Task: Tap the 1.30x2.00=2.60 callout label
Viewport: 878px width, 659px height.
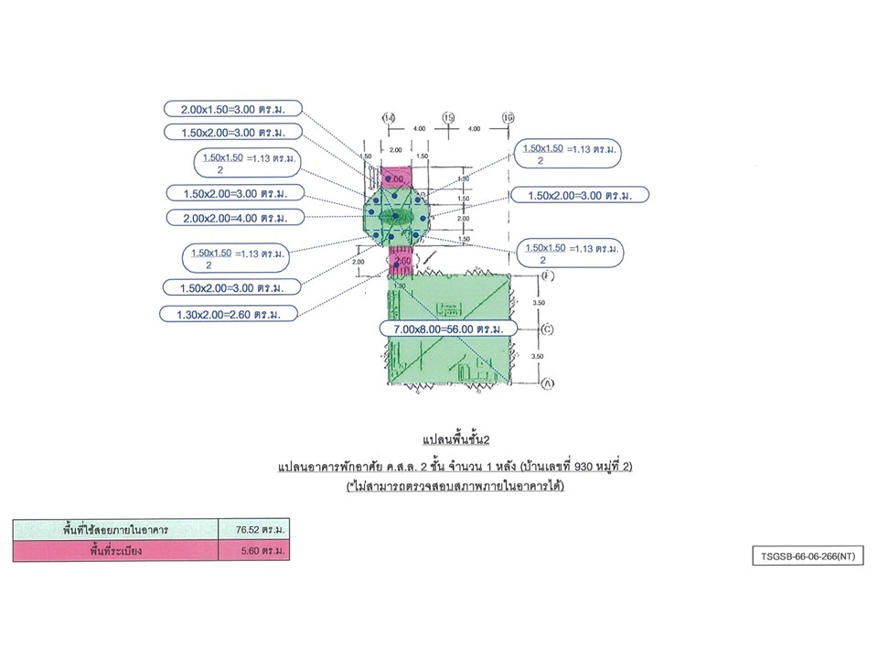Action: [231, 314]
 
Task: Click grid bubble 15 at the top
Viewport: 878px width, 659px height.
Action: [448, 119]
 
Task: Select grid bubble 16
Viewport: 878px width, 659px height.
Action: [509, 119]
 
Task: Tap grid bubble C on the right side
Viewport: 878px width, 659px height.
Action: [547, 329]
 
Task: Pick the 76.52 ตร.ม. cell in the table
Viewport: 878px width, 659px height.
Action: [259, 529]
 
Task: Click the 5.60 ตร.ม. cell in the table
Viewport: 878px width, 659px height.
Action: [259, 551]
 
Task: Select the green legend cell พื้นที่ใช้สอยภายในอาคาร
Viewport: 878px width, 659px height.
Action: [116, 529]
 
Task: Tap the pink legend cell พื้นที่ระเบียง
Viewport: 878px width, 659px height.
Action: [116, 551]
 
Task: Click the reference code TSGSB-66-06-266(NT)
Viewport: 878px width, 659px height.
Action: [801, 555]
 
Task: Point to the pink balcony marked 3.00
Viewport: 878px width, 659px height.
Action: [397, 178]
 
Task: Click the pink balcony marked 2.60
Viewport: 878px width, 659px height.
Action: [401, 263]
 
